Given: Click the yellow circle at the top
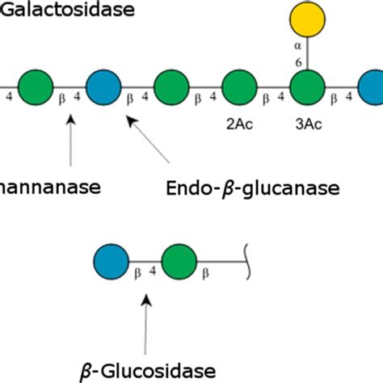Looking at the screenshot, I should (308, 20).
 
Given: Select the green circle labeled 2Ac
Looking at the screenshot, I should (239, 88).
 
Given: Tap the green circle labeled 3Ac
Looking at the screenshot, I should (308, 88).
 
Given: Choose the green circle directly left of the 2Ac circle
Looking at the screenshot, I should (171, 88).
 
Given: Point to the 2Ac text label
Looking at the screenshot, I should (239, 126).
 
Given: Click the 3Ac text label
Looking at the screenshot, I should (308, 126).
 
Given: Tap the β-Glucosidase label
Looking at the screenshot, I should (147, 370).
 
